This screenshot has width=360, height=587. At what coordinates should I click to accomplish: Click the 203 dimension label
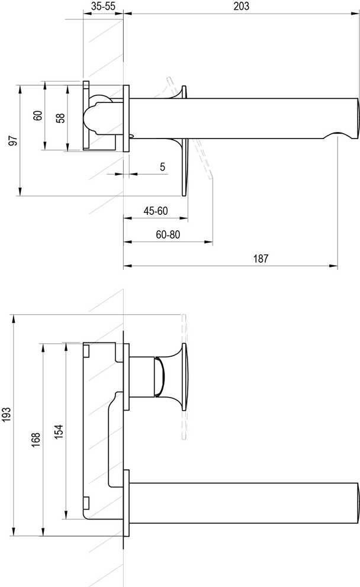click(x=241, y=6)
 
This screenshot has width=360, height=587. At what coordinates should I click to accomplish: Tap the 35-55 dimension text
click(x=103, y=6)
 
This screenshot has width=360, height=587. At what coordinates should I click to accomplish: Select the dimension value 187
click(x=261, y=259)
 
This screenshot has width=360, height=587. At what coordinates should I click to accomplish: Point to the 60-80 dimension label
click(x=168, y=234)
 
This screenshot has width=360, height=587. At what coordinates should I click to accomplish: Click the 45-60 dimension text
click(x=156, y=211)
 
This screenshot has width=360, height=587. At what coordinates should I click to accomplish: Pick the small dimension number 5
click(x=162, y=167)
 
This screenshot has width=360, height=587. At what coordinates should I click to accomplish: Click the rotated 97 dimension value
click(x=13, y=141)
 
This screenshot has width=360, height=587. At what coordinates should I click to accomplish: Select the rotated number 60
click(x=37, y=115)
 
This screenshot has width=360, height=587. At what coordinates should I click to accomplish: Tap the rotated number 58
click(x=60, y=118)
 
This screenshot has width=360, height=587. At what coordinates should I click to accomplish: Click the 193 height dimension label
click(x=7, y=414)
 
